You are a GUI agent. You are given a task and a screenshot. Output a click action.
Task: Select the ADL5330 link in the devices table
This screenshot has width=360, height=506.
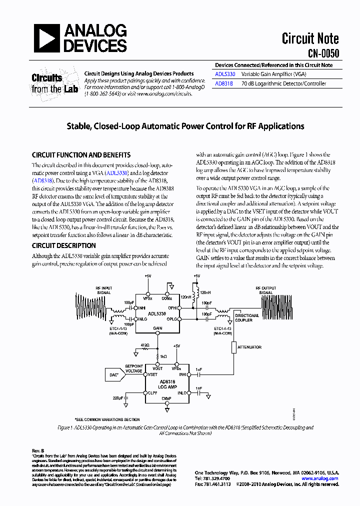[224, 74]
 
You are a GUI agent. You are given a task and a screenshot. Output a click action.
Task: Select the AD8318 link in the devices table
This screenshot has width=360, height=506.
[224, 83]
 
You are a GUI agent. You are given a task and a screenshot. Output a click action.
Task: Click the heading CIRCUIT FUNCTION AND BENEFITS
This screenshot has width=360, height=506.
[81, 155]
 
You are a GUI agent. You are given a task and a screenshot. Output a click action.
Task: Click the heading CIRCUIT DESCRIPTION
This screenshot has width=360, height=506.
[63, 245]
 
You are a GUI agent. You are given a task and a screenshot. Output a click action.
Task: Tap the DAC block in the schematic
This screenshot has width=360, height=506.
[113, 374]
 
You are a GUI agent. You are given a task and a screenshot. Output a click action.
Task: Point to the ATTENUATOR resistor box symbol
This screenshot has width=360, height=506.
[233, 346]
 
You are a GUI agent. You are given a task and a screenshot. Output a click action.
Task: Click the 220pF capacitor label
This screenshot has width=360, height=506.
[118, 398]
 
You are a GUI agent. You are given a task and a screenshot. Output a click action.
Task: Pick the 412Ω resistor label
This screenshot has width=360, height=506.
[145, 345]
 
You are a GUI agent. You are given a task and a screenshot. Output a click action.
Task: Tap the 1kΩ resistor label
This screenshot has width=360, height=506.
[163, 357]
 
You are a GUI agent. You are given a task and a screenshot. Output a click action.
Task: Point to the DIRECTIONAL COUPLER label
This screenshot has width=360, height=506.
[247, 318]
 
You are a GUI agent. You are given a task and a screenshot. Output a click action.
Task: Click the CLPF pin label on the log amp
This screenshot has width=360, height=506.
[152, 393]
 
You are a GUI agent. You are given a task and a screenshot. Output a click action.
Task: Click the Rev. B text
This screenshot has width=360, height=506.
[38, 451]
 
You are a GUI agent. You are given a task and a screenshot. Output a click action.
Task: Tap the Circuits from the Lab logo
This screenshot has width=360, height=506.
[54, 83]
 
